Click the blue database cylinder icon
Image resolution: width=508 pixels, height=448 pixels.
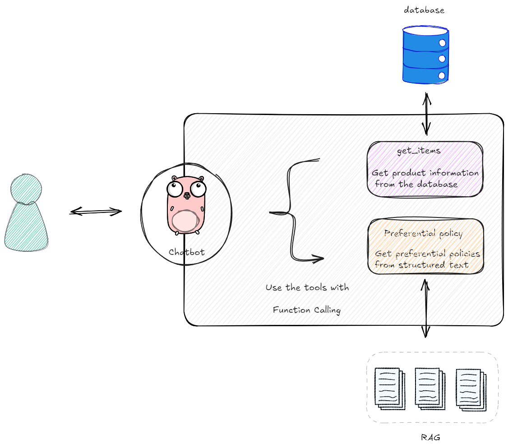point(425,55)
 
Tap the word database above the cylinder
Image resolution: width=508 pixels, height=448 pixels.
point(424,10)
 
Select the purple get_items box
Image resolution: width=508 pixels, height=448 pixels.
point(425,169)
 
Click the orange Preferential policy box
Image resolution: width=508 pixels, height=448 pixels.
point(426,246)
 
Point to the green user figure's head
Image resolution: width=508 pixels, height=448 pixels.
point(26,189)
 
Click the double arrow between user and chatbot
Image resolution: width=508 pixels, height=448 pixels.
point(96,211)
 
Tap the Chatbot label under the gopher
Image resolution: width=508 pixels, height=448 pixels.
point(186,252)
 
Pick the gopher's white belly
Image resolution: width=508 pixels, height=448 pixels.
point(185,221)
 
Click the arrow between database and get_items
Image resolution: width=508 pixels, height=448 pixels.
point(426,114)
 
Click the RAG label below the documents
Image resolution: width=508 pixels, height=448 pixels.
point(430,437)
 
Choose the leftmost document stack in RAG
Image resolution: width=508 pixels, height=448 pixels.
point(389,388)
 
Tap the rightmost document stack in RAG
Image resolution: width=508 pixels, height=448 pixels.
point(471,389)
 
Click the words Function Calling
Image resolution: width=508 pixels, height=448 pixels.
point(306,310)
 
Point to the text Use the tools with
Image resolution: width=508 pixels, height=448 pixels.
point(307,287)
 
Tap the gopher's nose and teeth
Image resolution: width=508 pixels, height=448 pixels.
point(186,196)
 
